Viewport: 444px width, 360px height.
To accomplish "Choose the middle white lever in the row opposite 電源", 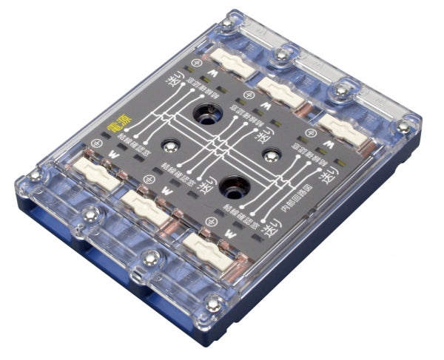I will coord(280,92).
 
